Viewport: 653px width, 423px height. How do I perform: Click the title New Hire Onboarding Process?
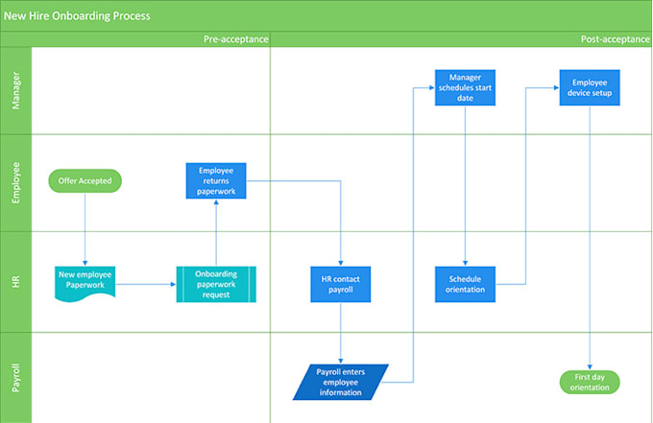click(x=76, y=16)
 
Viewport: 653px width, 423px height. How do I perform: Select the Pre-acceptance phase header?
click(x=234, y=39)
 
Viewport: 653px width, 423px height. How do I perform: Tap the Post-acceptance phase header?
click(x=614, y=39)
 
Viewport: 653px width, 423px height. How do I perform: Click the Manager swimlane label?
click(x=16, y=90)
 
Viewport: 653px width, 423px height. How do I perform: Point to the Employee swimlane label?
click(x=16, y=182)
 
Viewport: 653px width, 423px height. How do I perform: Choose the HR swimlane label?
click(x=16, y=281)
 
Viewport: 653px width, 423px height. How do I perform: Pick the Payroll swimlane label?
click(x=16, y=376)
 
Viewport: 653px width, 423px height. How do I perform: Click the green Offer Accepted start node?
click(x=85, y=180)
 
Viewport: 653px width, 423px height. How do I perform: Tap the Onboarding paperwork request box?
click(x=216, y=284)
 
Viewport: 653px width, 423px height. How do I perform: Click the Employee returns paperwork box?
click(x=216, y=180)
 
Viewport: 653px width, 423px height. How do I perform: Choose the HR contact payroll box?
click(x=340, y=284)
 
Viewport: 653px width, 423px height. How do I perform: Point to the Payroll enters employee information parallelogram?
click(x=340, y=381)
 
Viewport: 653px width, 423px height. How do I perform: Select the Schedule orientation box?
click(x=465, y=284)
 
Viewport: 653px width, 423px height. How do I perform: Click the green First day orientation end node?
click(x=590, y=382)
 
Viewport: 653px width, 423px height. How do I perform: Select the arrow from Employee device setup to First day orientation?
click(x=590, y=240)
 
